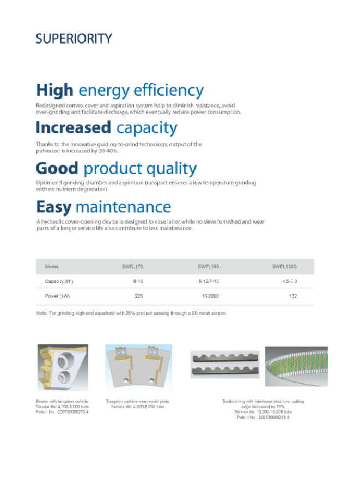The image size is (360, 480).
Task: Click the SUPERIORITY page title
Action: coord(74,39)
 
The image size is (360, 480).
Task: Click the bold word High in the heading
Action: coord(55,90)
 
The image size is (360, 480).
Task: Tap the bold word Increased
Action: coord(74,127)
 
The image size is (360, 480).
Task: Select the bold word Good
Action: coord(57,168)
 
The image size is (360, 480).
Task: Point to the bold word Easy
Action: coord(54,207)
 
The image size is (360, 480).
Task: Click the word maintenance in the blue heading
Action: coord(124,207)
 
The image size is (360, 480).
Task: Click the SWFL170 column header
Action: coord(132,267)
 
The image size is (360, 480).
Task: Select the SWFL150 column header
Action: coord(209,267)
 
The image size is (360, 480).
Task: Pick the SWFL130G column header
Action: coord(285,267)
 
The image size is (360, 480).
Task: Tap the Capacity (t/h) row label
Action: coord(59,281)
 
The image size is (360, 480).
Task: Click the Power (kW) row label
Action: coord(57,296)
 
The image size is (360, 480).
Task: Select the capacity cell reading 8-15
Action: coord(138,281)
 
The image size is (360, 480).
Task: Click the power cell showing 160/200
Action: coord(210,296)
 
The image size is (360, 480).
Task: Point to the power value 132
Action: coord(293,296)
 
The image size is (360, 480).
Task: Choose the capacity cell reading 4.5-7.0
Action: coord(290,281)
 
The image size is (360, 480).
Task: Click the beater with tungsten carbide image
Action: coord(63,368)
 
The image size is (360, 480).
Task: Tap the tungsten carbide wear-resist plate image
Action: coord(138,366)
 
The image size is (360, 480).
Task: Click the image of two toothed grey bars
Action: coord(225,364)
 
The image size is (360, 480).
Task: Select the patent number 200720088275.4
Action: coord(73,412)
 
